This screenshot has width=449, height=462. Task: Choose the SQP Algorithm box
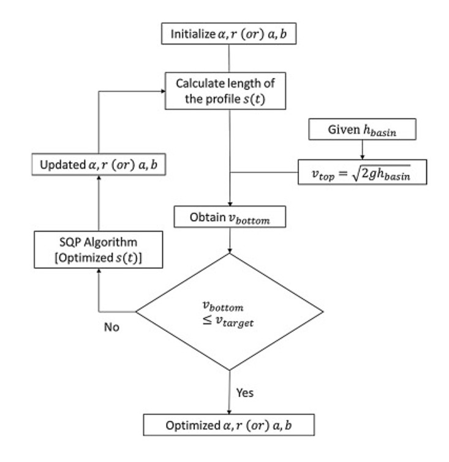coord(98,250)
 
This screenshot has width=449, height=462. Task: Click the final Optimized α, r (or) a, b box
coord(228,425)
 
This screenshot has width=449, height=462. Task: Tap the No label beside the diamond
coord(112,327)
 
